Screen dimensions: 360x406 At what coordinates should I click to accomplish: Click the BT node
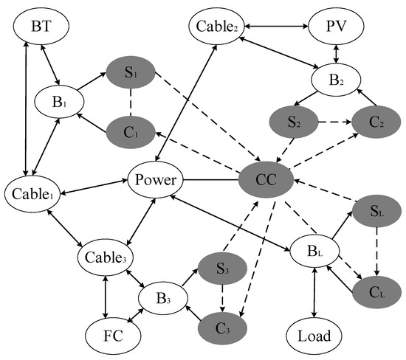coord(41,27)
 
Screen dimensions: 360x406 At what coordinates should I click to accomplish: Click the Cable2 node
coord(216,27)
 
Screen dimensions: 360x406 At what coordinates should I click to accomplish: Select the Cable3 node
coord(109,257)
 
